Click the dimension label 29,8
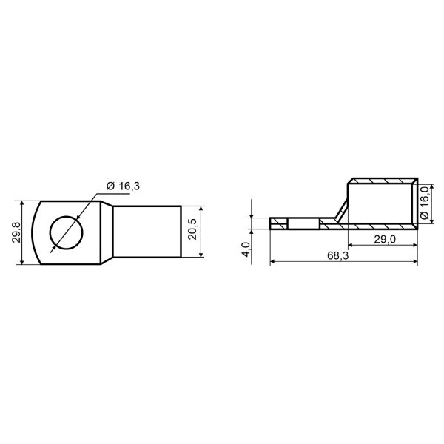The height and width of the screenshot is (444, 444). [17, 232]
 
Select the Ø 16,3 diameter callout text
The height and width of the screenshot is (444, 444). [123, 186]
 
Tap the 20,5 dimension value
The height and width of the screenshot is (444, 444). [192, 229]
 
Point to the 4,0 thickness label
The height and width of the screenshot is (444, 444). [246, 249]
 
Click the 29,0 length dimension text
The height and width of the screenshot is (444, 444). [385, 240]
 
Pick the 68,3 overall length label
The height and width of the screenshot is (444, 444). [338, 256]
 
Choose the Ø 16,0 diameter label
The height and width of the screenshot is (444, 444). [425, 202]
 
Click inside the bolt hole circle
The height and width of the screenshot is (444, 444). [67, 232]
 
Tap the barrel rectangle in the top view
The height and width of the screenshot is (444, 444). [147, 232]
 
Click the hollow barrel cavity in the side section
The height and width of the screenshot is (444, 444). [380, 203]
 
